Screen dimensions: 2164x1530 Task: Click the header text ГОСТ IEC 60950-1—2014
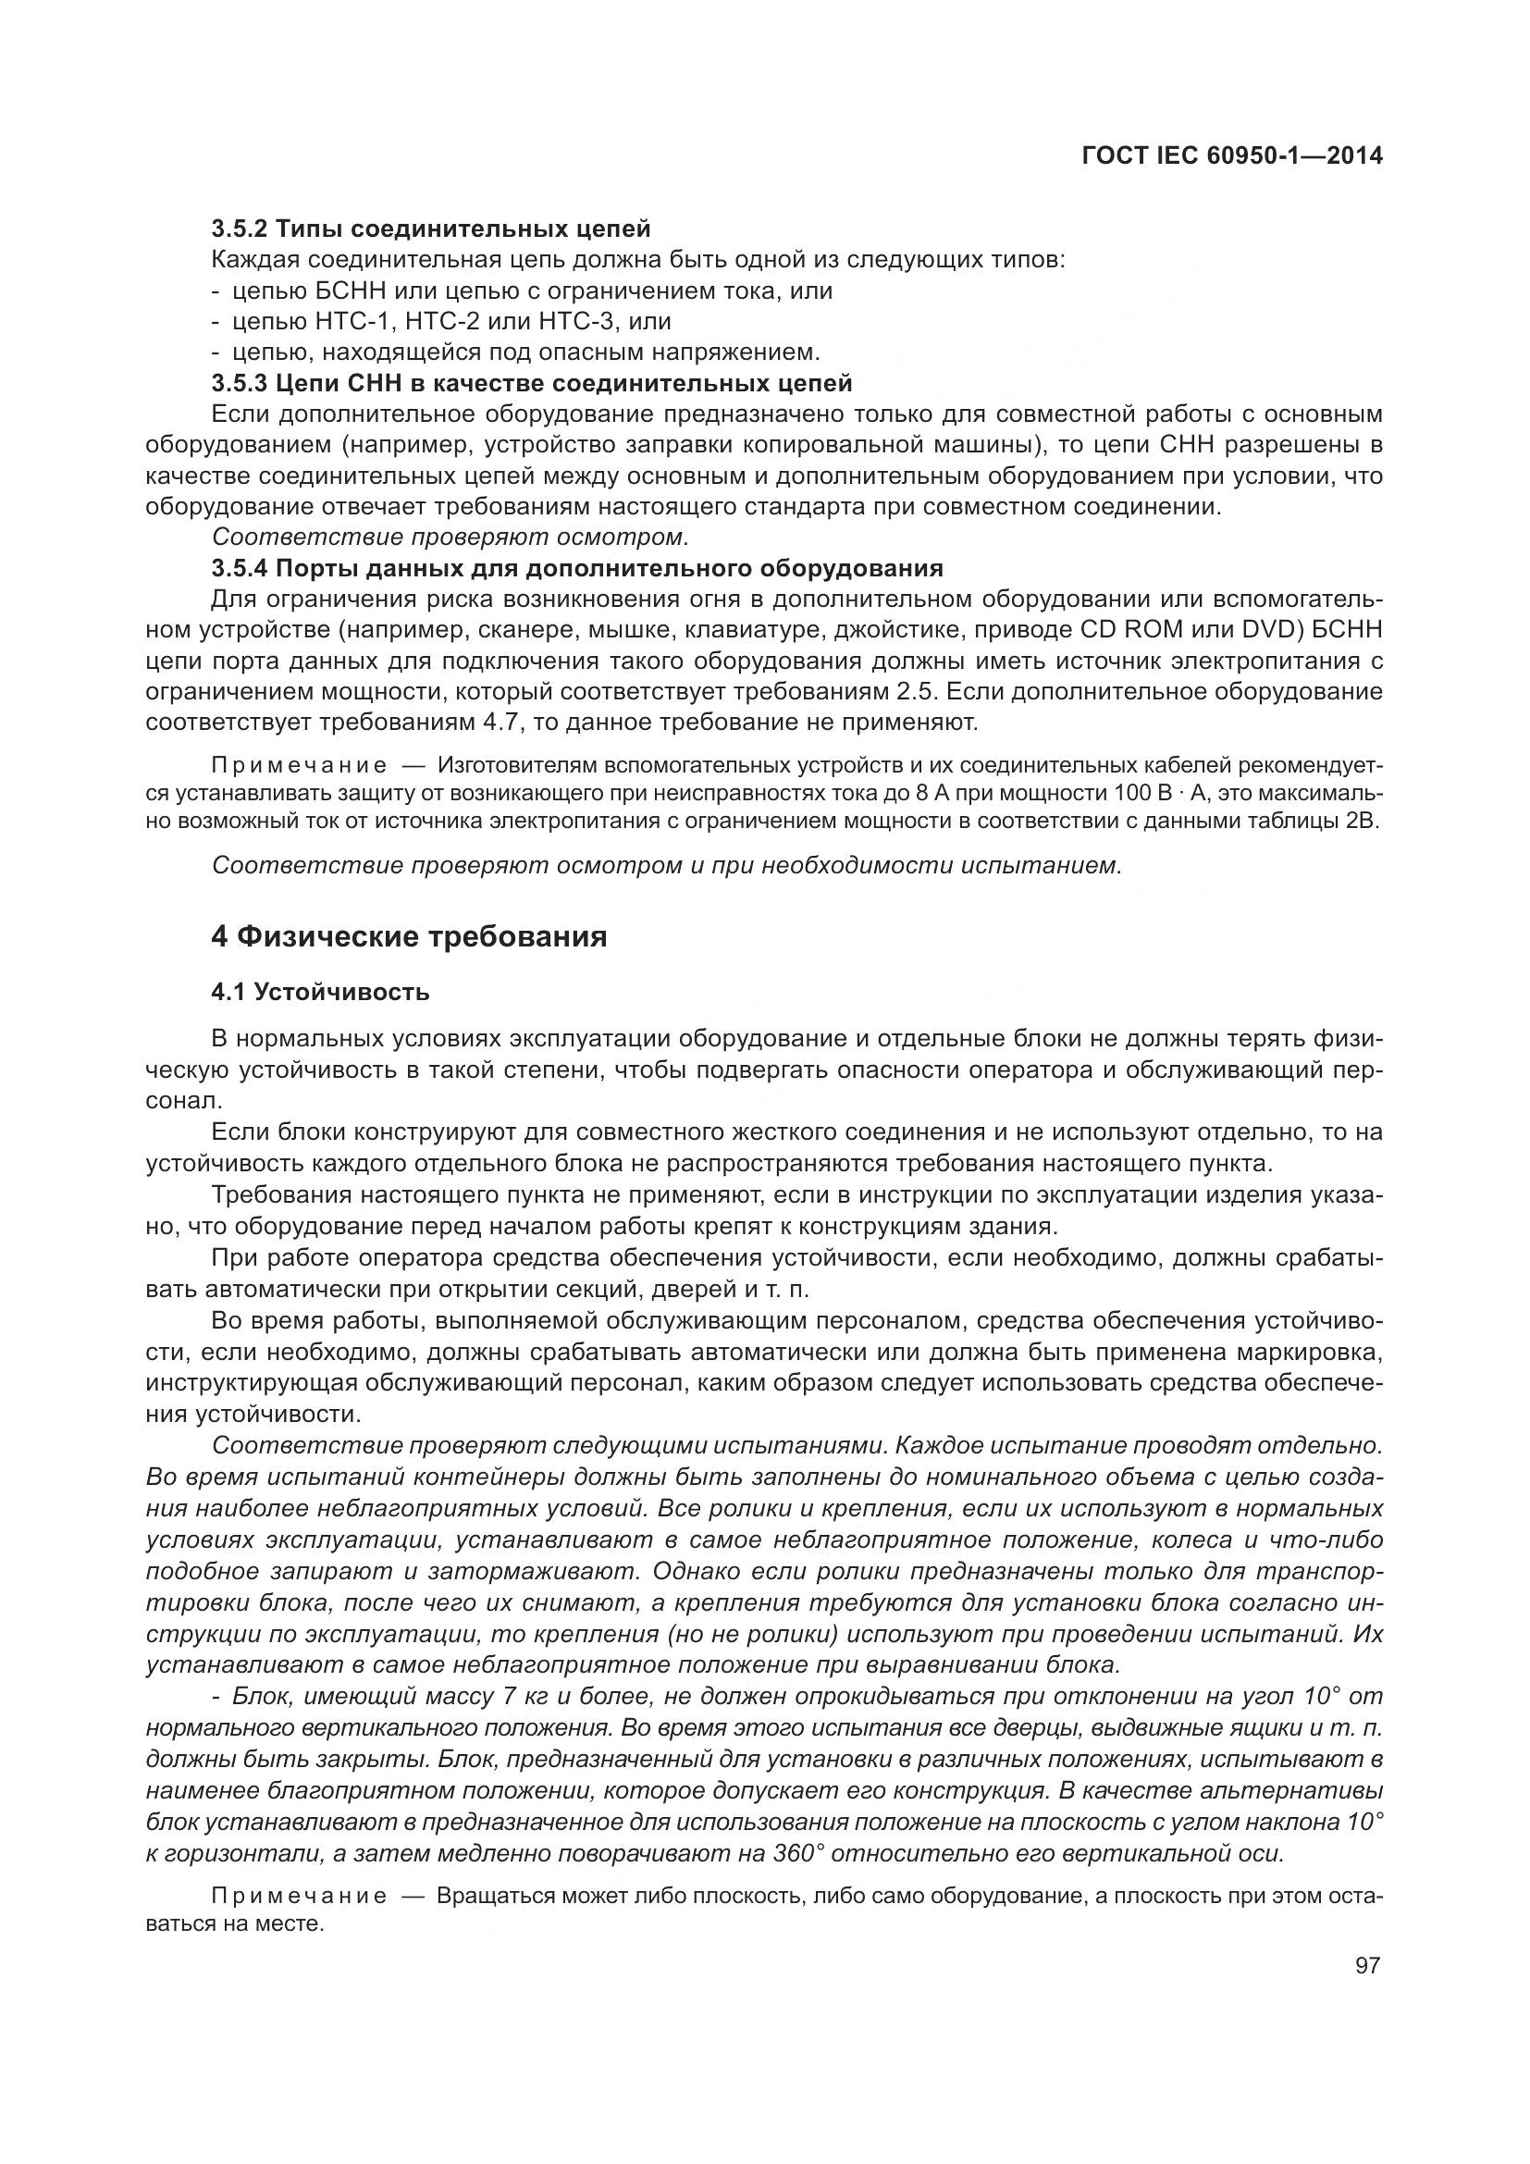click(1232, 156)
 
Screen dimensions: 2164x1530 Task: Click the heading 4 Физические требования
click(409, 937)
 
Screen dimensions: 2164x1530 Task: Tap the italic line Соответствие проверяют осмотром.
click(450, 538)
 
